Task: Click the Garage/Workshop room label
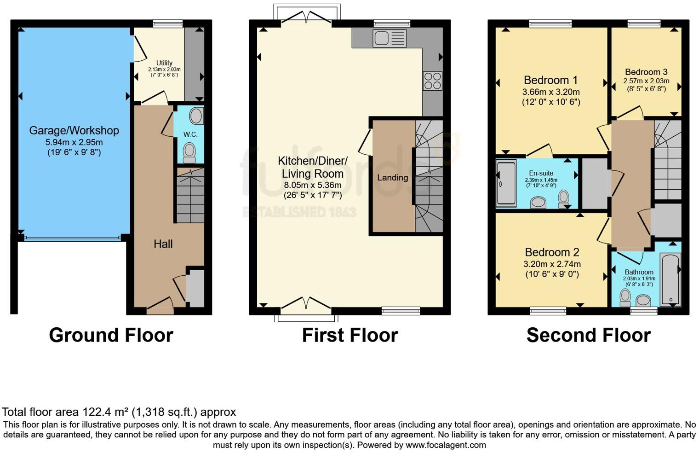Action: [x=74, y=131]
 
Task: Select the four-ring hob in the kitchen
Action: [x=432, y=81]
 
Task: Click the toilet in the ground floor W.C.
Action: [x=189, y=152]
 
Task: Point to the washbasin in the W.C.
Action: [x=196, y=116]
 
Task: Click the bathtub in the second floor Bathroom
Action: [x=670, y=279]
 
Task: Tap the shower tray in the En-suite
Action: [x=506, y=183]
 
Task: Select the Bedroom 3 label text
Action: [x=646, y=72]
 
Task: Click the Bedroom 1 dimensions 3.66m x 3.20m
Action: [x=551, y=92]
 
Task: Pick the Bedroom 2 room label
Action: [x=552, y=252]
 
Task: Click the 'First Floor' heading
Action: [x=349, y=335]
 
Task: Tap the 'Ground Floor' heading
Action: [x=111, y=335]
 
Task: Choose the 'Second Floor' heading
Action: [x=588, y=335]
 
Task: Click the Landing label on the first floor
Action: [x=392, y=178]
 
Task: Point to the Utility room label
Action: [x=164, y=63]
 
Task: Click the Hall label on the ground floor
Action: [x=163, y=244]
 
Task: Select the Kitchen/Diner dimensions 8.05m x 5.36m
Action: [x=313, y=185]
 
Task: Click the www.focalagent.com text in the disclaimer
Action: [x=446, y=445]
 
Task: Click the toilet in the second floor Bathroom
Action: [x=625, y=298]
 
